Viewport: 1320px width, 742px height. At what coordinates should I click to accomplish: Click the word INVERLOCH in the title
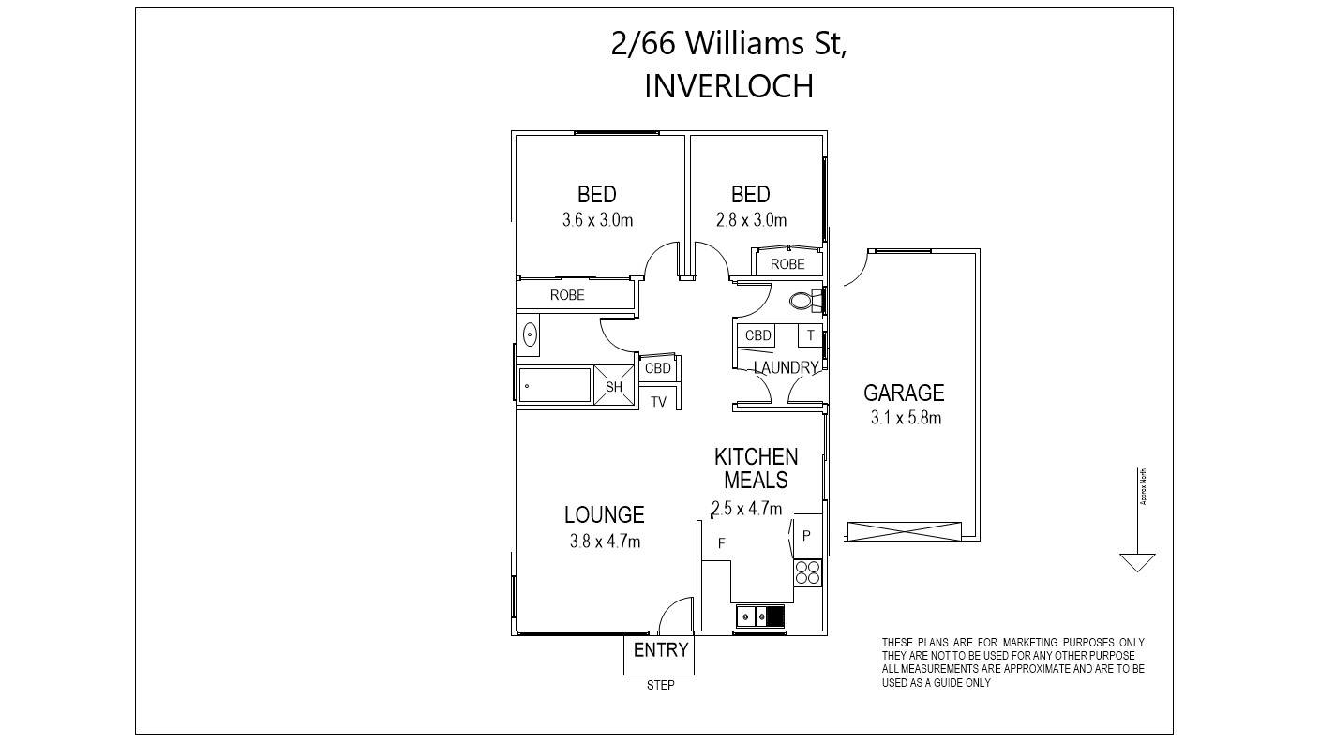[727, 86]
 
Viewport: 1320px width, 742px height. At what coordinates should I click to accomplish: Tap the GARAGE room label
[903, 393]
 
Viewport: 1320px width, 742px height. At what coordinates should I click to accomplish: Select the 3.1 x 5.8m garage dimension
[905, 418]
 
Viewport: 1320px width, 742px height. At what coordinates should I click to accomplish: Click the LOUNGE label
[604, 514]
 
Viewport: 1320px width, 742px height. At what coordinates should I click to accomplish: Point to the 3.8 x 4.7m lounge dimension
[605, 541]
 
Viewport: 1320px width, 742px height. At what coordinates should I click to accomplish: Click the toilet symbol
[801, 301]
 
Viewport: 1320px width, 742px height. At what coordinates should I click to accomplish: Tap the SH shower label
[614, 386]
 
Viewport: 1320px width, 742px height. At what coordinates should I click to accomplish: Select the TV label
[658, 402]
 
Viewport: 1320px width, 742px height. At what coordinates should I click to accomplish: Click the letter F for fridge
[722, 543]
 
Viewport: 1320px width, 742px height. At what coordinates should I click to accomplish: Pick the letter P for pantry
[806, 536]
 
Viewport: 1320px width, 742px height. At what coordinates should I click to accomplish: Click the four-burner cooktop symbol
[807, 572]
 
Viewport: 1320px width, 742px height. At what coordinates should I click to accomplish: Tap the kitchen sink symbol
[759, 616]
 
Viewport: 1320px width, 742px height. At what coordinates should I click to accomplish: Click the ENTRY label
[660, 650]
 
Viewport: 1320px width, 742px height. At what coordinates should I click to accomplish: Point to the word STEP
[660, 685]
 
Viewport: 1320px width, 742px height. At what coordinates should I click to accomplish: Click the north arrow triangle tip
[1137, 570]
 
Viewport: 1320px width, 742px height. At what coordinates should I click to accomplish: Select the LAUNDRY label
[786, 368]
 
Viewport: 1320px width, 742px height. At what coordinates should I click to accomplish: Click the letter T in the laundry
[810, 335]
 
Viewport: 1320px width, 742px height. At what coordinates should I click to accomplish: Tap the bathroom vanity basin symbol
[529, 334]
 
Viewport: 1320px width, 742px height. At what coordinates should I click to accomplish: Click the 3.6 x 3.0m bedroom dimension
[597, 221]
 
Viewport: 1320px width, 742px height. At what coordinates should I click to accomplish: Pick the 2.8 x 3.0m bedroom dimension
[751, 221]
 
